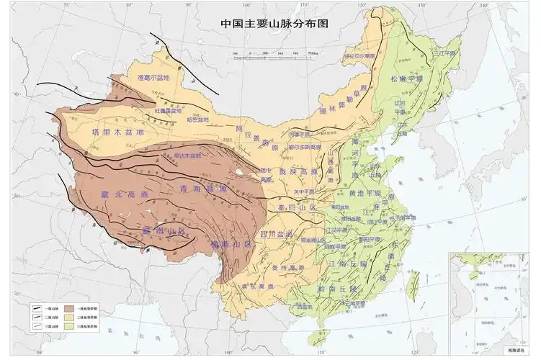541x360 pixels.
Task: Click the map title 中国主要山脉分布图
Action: [274, 23]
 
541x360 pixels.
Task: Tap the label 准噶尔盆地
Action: [152, 78]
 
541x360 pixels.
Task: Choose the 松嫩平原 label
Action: [408, 78]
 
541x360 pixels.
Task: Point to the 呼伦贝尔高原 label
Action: [359, 55]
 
